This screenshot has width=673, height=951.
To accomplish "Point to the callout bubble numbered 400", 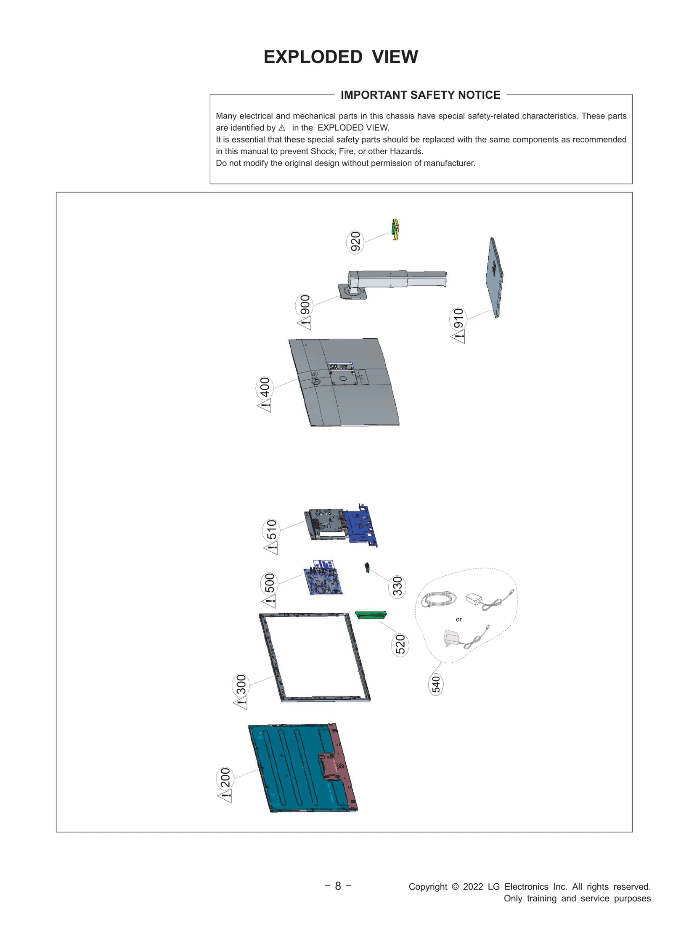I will (265, 387).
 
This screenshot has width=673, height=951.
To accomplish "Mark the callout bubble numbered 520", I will (400, 645).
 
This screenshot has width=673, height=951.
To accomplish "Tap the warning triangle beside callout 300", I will (241, 702).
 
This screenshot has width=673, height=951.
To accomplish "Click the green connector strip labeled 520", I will (371, 615).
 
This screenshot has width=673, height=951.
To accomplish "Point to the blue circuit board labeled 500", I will (323, 578).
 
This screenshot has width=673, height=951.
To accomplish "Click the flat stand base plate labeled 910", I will (495, 277).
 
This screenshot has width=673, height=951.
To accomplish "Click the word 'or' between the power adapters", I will (458, 619).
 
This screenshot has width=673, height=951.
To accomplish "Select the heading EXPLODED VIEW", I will (341, 57).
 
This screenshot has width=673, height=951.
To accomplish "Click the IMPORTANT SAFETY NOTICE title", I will (420, 95).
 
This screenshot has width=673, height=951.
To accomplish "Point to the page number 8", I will (338, 886).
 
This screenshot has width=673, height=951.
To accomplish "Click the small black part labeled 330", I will (367, 568).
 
